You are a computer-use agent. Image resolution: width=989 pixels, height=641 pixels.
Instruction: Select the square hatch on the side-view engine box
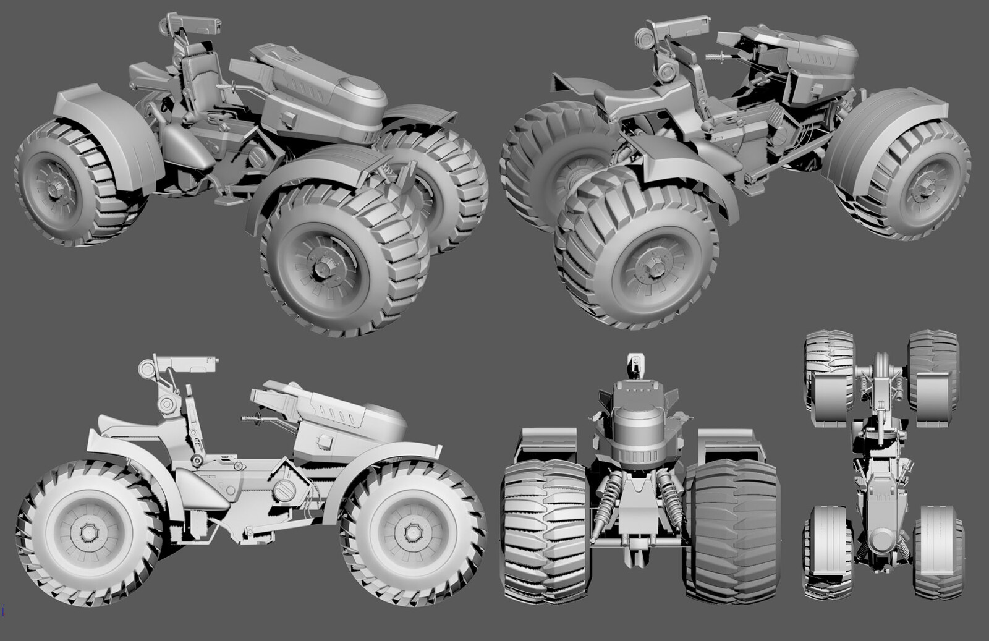[x=322, y=440]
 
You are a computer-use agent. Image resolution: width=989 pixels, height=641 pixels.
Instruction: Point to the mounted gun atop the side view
[x=185, y=364]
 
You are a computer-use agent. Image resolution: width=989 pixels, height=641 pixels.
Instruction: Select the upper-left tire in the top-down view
[x=820, y=359]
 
